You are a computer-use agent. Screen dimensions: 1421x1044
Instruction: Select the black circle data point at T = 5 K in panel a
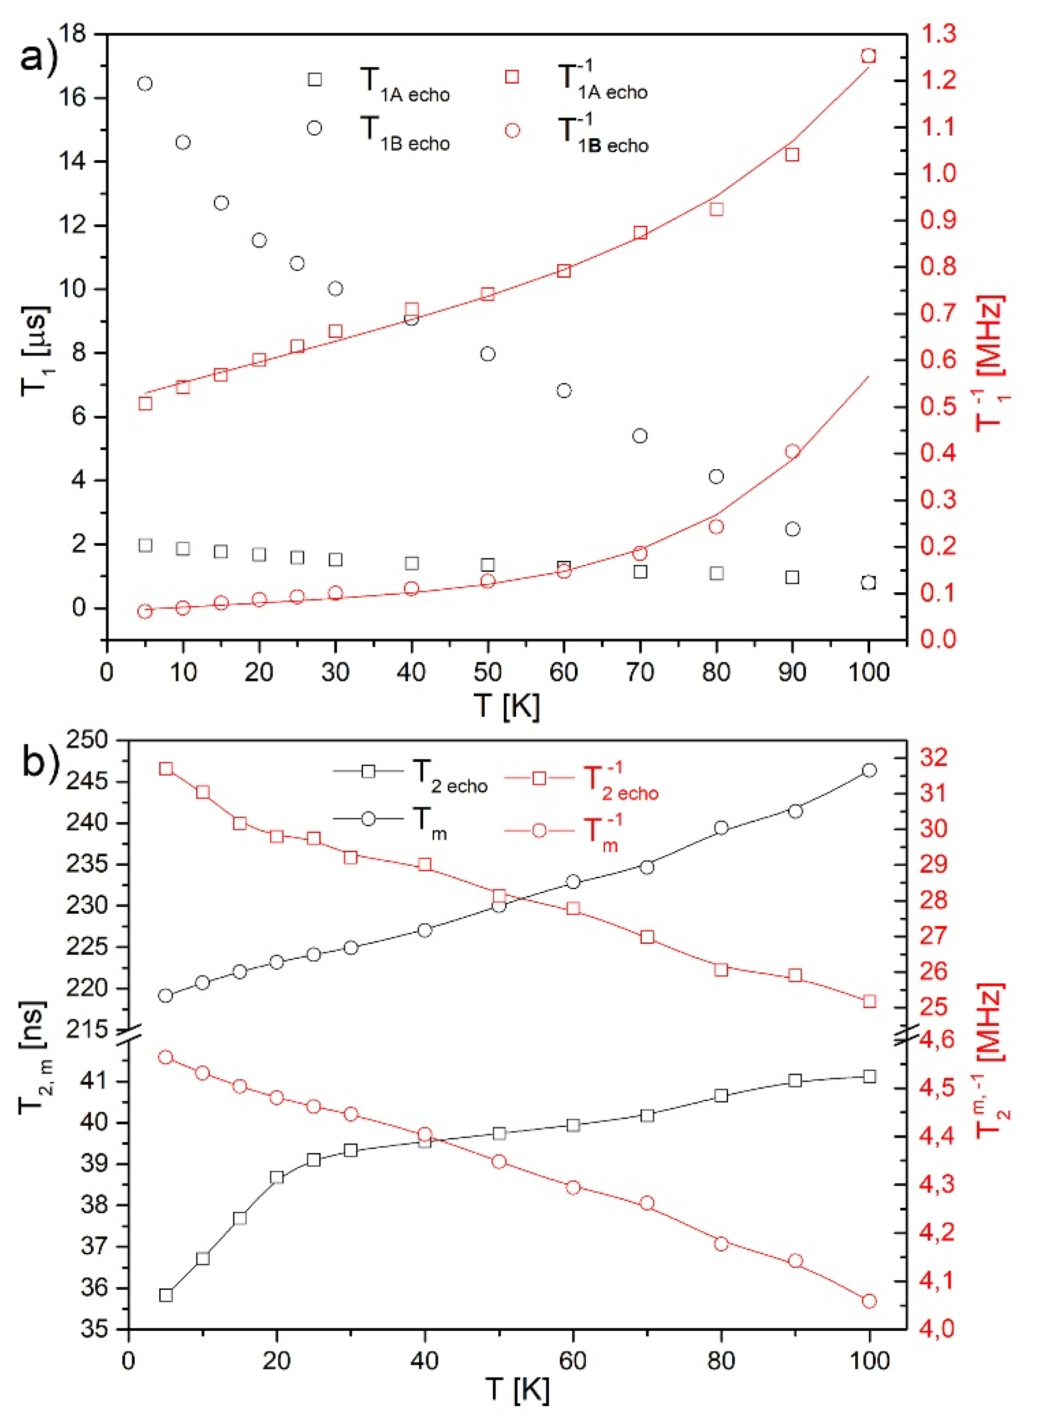(x=145, y=84)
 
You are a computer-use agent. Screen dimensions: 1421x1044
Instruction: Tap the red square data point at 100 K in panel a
(x=868, y=56)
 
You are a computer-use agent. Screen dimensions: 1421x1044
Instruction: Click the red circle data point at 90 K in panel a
(x=793, y=451)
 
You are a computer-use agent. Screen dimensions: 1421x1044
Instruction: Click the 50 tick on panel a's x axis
(x=487, y=671)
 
